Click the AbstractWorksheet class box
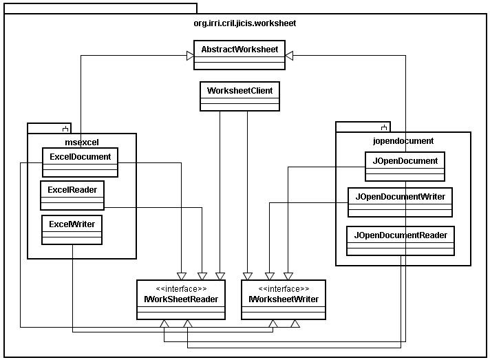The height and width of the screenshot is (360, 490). point(239,55)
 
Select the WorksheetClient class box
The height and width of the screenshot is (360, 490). point(239,96)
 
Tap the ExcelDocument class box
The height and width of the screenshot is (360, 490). point(80,162)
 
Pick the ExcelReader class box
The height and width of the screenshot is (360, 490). point(72,195)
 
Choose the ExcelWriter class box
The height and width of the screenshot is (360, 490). point(72,230)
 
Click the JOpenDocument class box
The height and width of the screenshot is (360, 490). point(405,167)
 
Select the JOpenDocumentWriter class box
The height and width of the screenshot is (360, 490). point(400,202)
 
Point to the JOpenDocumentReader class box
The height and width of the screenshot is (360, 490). point(401,241)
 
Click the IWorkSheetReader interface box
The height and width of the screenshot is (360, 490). point(181,299)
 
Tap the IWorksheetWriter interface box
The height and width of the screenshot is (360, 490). point(284,299)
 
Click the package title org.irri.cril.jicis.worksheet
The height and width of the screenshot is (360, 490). point(245,23)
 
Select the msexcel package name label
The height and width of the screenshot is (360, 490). point(82,142)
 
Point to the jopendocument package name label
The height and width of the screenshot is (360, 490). point(403,141)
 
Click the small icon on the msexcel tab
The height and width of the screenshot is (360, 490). point(65,129)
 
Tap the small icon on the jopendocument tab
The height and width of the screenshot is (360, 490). point(384,127)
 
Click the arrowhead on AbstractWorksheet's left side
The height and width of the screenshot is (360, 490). point(190,56)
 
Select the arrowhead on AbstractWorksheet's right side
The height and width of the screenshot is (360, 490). point(289,56)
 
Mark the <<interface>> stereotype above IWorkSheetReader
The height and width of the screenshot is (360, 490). point(181,288)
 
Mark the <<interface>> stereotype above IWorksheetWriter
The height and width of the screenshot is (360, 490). point(284,288)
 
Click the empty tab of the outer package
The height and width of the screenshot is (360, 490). point(100,8)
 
